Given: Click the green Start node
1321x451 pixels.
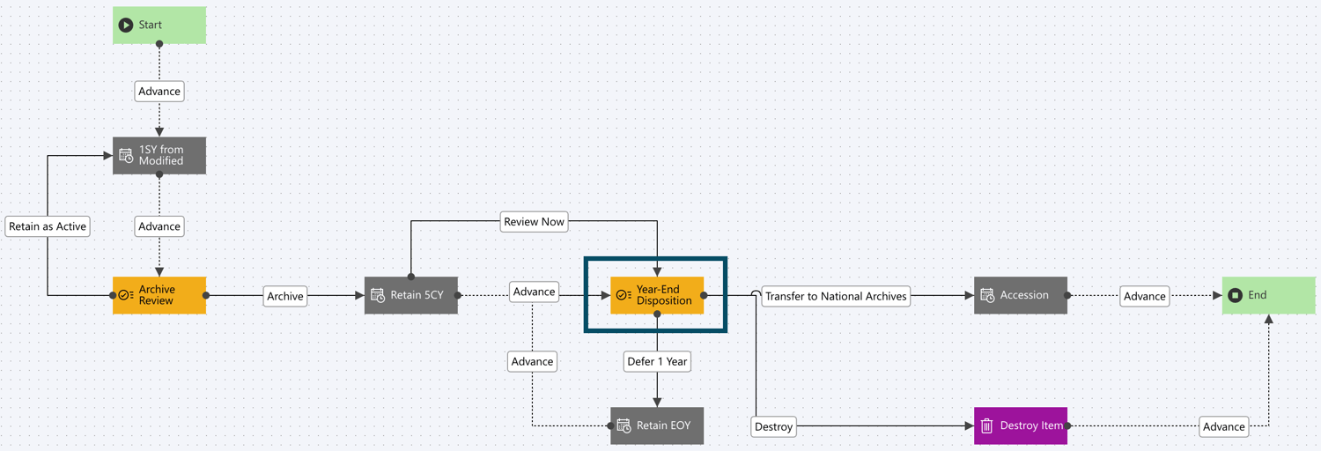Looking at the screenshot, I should point(159,25).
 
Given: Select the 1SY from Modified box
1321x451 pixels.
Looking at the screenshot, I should point(159,155).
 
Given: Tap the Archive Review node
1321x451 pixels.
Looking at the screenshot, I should point(159,295).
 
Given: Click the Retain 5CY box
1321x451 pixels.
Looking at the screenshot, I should point(411,295).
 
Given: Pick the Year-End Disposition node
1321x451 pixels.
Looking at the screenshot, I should point(657,295).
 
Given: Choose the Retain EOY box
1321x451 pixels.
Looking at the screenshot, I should point(657,425).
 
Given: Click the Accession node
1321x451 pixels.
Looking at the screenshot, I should point(1021,295).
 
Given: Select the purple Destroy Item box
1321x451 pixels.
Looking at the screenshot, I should point(1021,425).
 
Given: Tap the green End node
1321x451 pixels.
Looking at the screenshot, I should point(1269,295).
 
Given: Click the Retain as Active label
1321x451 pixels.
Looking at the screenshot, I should point(48,226).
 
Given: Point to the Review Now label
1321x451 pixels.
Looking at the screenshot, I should point(535,221).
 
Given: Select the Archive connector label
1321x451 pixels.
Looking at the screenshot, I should point(285,296).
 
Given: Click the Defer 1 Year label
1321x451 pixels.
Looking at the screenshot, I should point(657,361).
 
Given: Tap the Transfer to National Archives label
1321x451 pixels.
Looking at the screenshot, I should point(836,296).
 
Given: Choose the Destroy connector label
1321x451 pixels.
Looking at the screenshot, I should point(774,426).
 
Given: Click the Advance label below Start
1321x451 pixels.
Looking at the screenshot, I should point(159,91).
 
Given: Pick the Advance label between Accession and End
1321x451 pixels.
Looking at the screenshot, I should point(1144,296).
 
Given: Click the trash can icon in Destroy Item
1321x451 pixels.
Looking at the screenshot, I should point(987,425).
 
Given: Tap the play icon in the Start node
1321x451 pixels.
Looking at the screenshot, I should point(126,25).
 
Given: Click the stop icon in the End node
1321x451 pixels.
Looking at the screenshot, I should point(1236,295).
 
